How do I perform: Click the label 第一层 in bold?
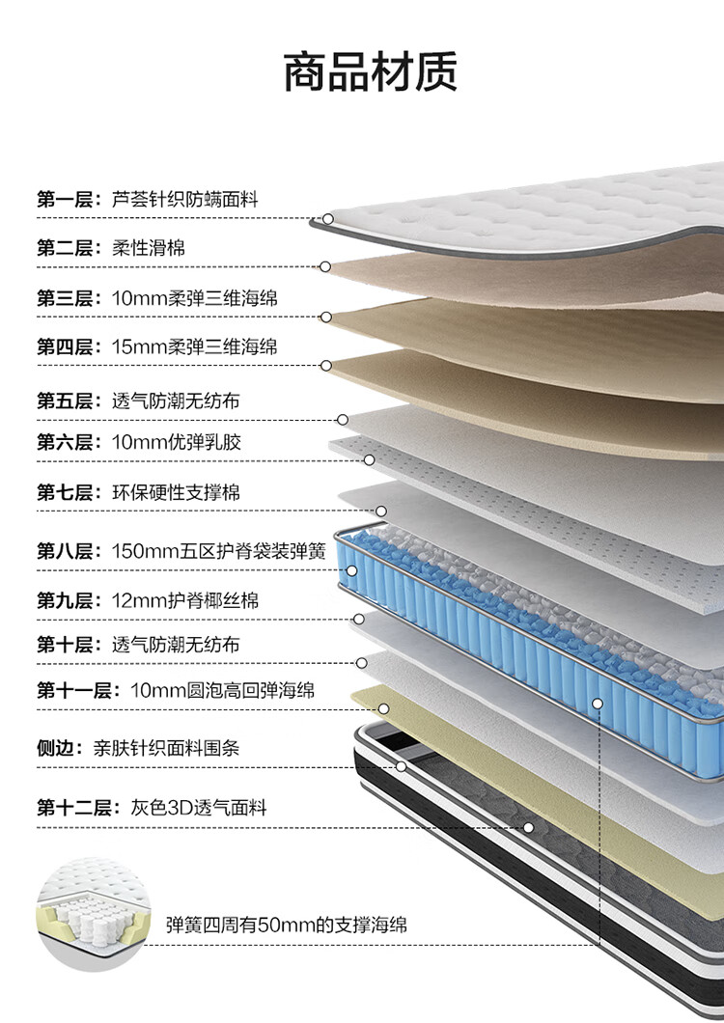[x=64, y=200]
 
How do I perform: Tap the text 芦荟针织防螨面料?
[x=184, y=200]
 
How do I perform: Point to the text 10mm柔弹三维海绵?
[x=194, y=298]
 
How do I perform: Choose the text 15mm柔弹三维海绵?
[x=194, y=346]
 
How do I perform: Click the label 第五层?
[x=64, y=401]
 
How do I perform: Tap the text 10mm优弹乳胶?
[x=177, y=443]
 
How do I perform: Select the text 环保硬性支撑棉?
[x=176, y=492]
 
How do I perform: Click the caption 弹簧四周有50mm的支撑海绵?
[x=287, y=925]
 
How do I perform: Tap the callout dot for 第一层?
[x=328, y=219]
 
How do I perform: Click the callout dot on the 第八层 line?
[x=352, y=570]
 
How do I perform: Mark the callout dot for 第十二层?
[x=528, y=828]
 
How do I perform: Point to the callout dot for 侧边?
[x=401, y=767]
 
